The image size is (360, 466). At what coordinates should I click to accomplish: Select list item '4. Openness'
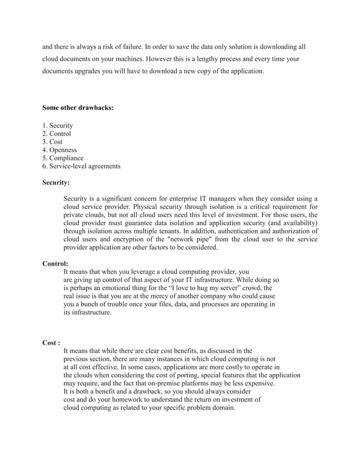tap(60, 150)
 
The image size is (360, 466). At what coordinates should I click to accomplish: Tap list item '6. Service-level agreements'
tap(81, 166)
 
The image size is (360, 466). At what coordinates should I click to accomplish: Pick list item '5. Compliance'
tap(63, 159)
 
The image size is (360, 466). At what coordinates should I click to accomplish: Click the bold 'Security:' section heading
tap(56, 183)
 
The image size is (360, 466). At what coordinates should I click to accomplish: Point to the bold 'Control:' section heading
tap(55, 263)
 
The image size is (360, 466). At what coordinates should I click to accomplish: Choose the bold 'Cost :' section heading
tap(52, 342)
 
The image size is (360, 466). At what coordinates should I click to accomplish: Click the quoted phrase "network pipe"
tap(190, 239)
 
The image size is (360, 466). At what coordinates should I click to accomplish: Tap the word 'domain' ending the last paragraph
tap(221, 407)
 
